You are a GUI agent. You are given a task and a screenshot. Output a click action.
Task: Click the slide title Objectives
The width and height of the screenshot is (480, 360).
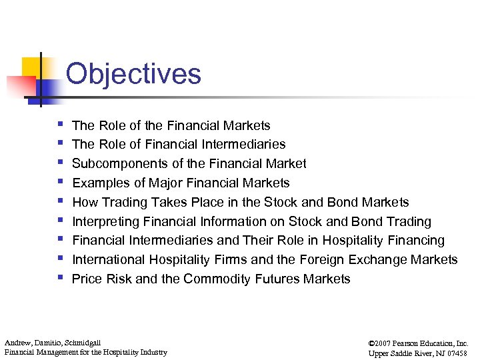(x=133, y=73)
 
